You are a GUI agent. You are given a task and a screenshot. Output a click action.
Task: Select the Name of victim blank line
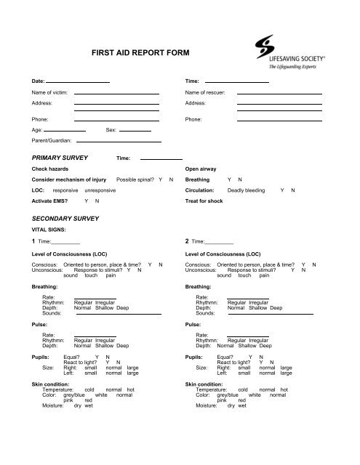pyautogui.click(x=116, y=94)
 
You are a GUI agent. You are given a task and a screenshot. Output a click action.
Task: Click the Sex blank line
pyautogui.click(x=135, y=130)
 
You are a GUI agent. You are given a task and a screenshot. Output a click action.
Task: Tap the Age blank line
pyautogui.click(x=65, y=130)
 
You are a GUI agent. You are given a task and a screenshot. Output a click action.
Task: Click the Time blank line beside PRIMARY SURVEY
pyautogui.click(x=161, y=158)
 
